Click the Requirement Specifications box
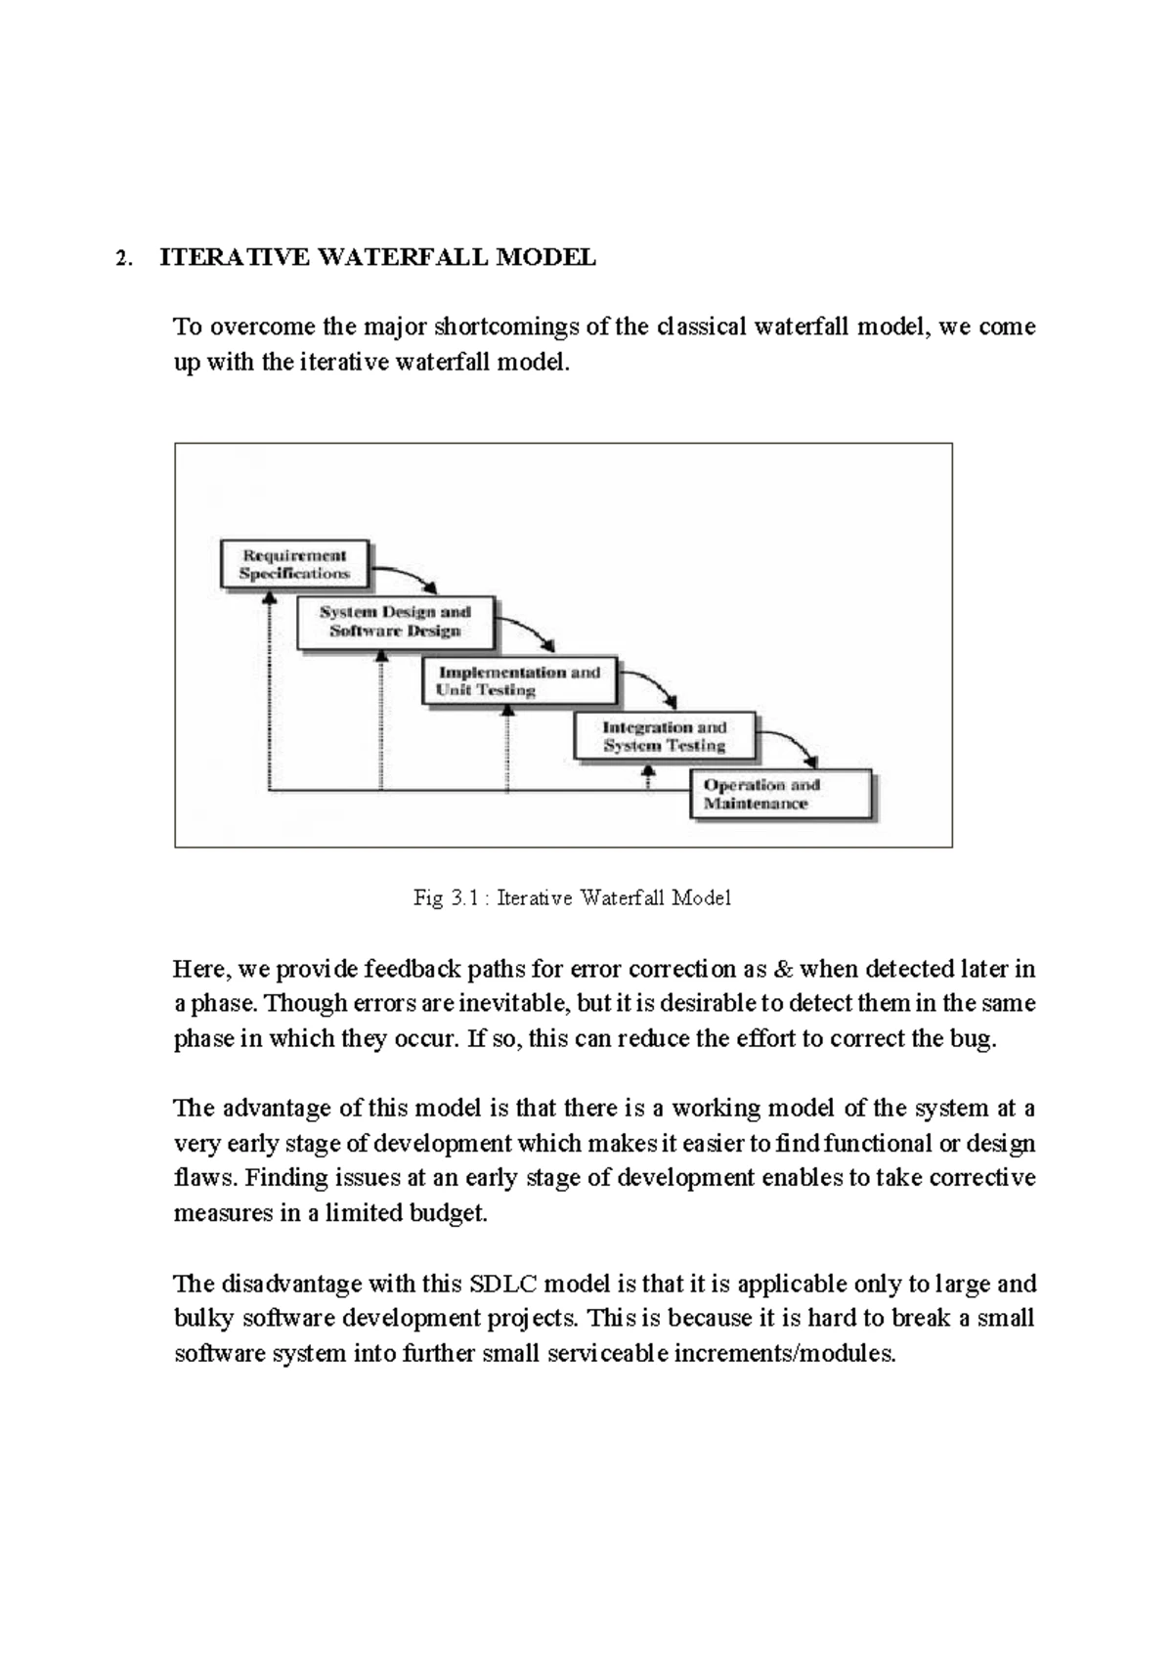pyautogui.click(x=294, y=564)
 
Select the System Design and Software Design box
pyautogui.click(x=395, y=622)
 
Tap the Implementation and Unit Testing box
pyautogui.click(x=519, y=680)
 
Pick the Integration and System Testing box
pyautogui.click(x=665, y=736)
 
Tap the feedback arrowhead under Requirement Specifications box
pyautogui.click(x=268, y=598)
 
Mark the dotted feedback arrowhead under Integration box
pyautogui.click(x=646, y=772)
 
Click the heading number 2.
pyautogui.click(x=121, y=258)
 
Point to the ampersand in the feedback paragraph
pyautogui.click(x=782, y=969)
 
